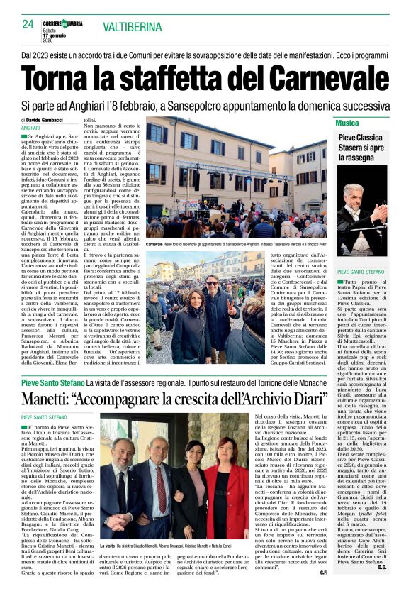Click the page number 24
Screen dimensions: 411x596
(28, 25)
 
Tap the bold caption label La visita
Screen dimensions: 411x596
(110, 545)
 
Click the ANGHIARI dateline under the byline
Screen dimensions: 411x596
(31, 127)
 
